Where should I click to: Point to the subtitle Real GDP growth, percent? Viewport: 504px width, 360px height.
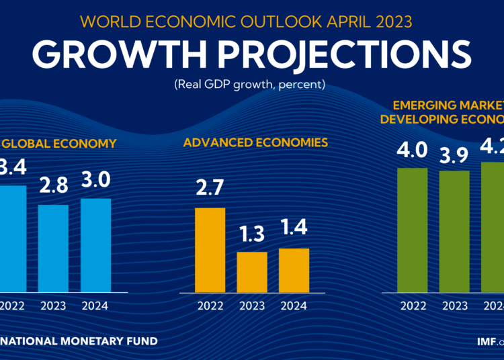(x=251, y=85)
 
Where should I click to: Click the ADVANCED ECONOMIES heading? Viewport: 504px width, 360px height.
(x=255, y=142)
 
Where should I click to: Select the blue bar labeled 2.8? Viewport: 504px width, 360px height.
(x=52, y=248)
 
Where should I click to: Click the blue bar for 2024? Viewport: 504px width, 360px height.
(x=95, y=244)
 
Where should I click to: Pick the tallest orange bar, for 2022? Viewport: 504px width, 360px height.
(x=210, y=250)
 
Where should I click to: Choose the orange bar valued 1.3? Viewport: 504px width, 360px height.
(x=252, y=271)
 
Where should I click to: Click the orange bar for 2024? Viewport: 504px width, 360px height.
(x=294, y=270)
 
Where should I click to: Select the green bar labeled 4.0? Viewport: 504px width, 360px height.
(x=413, y=230)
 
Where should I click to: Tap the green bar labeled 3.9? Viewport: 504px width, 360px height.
(x=455, y=231)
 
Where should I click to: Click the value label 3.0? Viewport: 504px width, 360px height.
(x=95, y=181)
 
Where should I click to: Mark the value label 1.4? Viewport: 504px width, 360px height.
(x=294, y=228)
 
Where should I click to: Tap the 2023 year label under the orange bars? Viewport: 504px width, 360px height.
(x=252, y=306)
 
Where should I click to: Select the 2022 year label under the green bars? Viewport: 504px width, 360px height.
(x=413, y=306)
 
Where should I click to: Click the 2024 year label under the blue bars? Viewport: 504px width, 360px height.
(x=95, y=306)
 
